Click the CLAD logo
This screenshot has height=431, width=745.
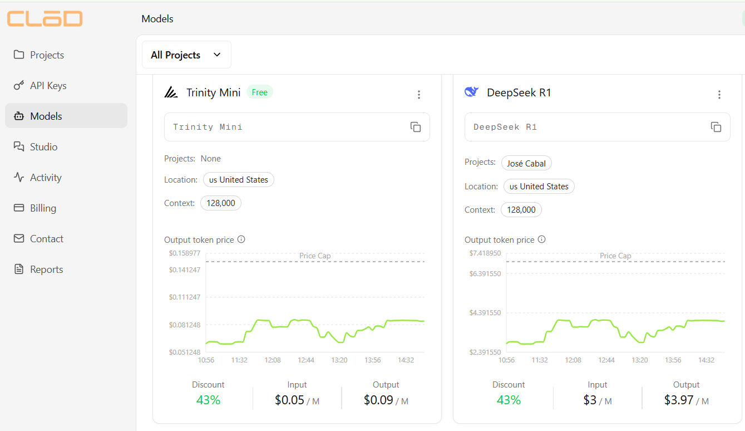coord(45,18)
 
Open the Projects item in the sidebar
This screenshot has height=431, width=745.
coord(47,55)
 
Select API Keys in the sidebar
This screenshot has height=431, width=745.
coord(48,86)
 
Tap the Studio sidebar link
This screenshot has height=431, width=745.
coord(43,147)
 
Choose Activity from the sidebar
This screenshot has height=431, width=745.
coord(46,178)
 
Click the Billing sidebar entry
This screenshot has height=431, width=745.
coord(43,208)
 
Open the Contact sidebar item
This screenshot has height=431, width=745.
coord(46,239)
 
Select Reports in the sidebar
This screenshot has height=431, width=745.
coord(46,270)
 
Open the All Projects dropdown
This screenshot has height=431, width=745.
coord(186,55)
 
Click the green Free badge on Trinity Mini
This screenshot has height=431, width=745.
coord(259,92)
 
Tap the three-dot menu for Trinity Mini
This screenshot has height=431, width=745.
coord(419,95)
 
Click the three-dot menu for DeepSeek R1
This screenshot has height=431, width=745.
coord(719,95)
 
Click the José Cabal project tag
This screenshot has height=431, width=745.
coord(526,163)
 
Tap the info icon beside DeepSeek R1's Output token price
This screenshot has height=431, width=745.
coord(541,239)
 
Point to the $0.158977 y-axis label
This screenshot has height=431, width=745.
coord(185,253)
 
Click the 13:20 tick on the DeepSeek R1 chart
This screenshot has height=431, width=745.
coord(640,360)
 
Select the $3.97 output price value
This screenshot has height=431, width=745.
coord(679,400)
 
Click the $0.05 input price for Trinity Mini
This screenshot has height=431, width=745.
coord(289,400)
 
